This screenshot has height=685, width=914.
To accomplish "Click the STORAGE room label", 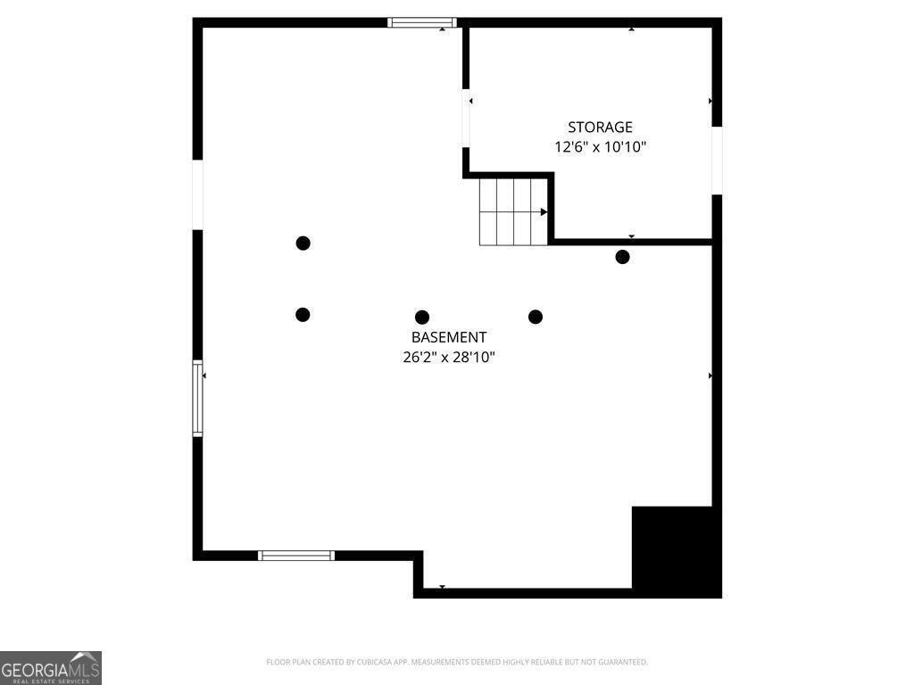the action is click(x=600, y=127).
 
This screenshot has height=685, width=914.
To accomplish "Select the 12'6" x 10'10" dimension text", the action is click(x=600, y=147).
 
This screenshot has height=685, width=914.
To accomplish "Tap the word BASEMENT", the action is click(x=449, y=337).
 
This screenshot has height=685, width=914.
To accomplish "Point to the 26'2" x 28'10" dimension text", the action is click(x=449, y=357).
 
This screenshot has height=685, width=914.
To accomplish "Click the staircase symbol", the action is click(x=513, y=212).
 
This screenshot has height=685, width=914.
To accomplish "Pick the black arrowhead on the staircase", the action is click(x=544, y=212).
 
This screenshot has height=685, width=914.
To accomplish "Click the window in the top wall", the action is click(x=422, y=22).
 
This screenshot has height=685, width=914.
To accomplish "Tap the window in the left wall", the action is click(x=197, y=399).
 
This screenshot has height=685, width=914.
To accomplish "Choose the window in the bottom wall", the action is click(x=296, y=556).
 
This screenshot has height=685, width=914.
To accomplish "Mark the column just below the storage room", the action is click(x=622, y=257).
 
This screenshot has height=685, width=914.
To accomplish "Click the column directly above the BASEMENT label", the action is click(x=422, y=318).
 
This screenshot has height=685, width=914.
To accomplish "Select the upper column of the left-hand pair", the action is click(x=303, y=243).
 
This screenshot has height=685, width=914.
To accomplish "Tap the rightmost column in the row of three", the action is click(x=536, y=317).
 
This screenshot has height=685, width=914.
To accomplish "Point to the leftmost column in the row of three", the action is click(x=303, y=315).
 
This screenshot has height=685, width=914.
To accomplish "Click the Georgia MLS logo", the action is click(x=51, y=668).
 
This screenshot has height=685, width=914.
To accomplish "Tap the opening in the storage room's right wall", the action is click(x=717, y=161).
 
